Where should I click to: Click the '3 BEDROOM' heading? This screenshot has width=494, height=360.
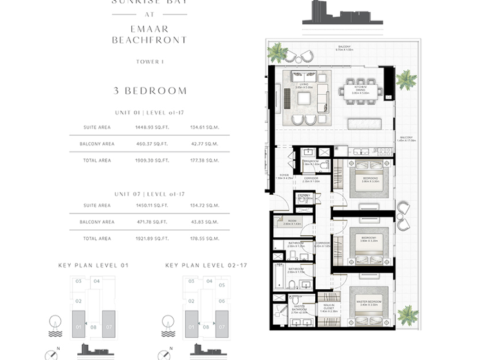click(x=149, y=91)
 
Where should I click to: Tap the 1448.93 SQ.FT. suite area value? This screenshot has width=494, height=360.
click(x=151, y=127)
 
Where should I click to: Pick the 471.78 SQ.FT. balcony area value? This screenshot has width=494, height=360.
click(x=151, y=222)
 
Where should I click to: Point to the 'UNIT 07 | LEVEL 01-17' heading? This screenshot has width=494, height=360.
click(x=149, y=194)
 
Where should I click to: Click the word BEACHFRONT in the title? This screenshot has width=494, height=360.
click(x=149, y=40)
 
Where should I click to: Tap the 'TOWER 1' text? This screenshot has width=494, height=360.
click(x=149, y=62)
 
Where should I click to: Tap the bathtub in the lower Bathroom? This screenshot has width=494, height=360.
click(x=279, y=276)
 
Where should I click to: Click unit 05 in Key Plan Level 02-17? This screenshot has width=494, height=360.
click(x=221, y=285)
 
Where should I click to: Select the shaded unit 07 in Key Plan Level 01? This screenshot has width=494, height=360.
click(x=109, y=319)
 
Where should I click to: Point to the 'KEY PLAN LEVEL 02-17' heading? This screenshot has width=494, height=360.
click(x=206, y=265)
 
